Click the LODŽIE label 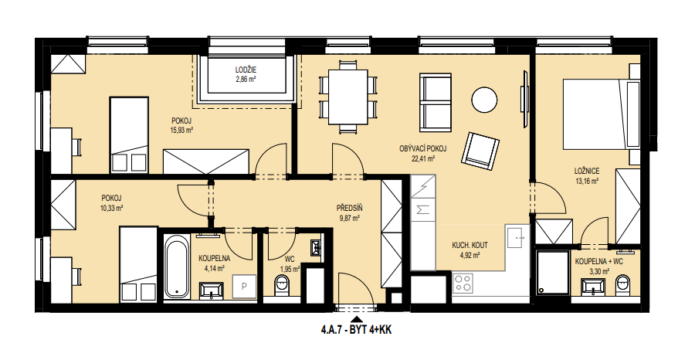click(246, 70)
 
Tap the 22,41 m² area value click(424, 158)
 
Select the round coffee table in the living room click(484, 100)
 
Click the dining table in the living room click(348, 97)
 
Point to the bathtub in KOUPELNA click(178, 265)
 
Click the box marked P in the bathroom click(244, 287)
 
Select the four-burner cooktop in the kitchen click(463, 283)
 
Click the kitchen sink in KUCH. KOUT click(517, 236)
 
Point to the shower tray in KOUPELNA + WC click(553, 273)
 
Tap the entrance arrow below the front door click(355, 320)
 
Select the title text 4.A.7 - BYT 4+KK click(355, 331)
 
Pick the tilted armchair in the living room click(480, 151)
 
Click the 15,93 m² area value click(181, 130)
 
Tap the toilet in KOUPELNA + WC click(622, 284)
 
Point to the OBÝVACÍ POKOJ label click(423, 149)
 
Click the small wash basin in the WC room click(317, 248)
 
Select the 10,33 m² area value click(111, 208)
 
